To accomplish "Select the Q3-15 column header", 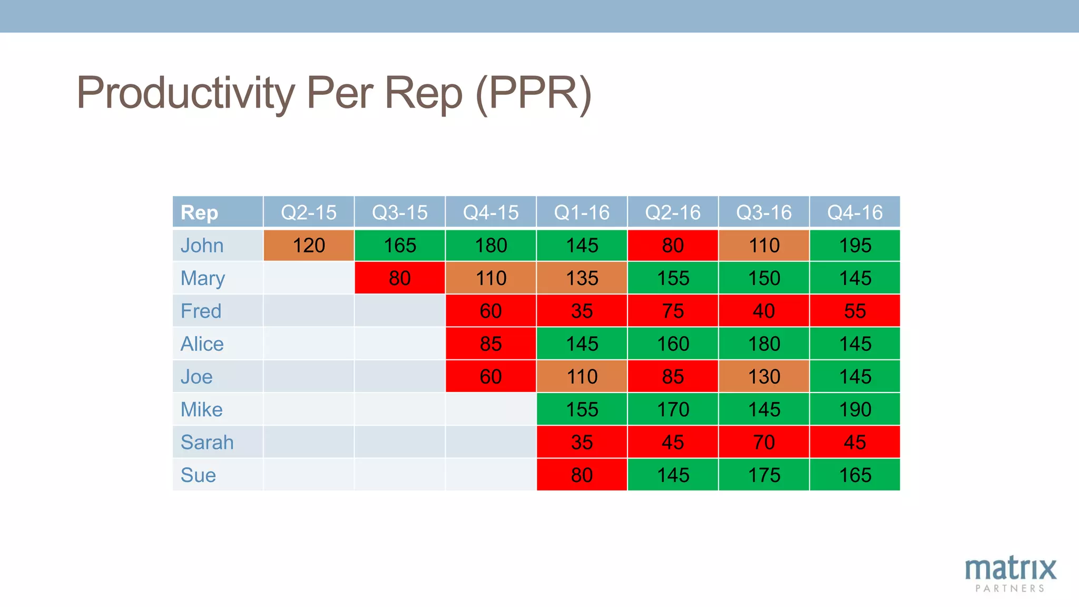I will click(x=399, y=212).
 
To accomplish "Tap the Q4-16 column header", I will click(x=855, y=212).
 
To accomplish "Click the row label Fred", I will click(x=201, y=311).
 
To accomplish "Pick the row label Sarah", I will click(x=207, y=442).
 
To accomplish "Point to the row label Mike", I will click(x=202, y=409).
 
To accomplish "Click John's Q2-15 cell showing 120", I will click(x=309, y=246).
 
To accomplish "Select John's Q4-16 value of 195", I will click(x=855, y=246).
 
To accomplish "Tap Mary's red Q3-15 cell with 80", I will click(x=399, y=278).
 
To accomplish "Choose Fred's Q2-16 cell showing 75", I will click(x=673, y=311).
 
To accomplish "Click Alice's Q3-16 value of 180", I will click(x=764, y=344).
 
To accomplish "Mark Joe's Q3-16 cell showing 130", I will click(x=764, y=377).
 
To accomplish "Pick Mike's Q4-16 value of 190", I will click(x=855, y=409).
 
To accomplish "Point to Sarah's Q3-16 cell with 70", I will click(x=764, y=442).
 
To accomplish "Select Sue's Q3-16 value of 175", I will click(x=764, y=475).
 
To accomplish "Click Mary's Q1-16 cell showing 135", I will click(x=582, y=278).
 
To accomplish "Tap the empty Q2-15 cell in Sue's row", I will click(x=309, y=475).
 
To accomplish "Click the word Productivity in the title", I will click(x=186, y=93).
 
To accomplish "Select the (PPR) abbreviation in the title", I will click(x=533, y=93).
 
